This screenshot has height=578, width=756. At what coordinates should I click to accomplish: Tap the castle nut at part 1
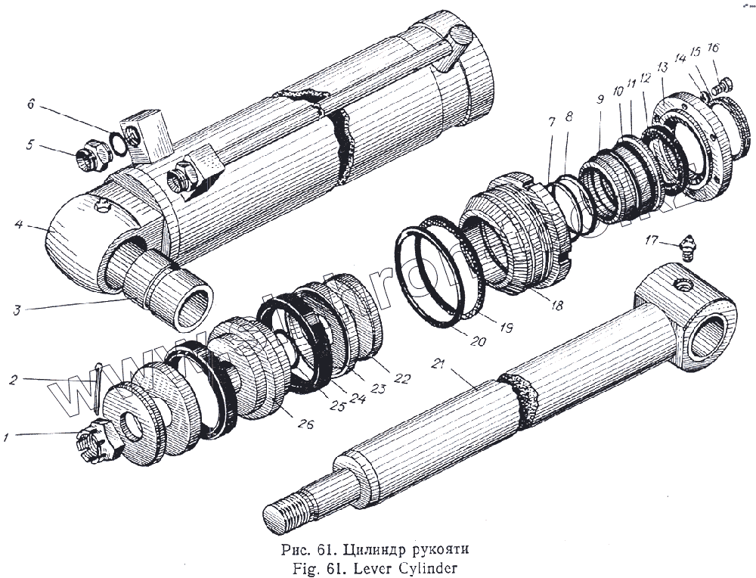click(x=96, y=446)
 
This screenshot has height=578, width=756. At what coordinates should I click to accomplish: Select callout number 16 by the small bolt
click(x=713, y=48)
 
